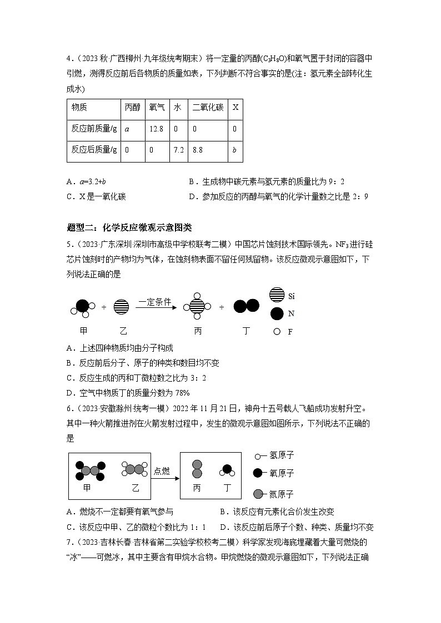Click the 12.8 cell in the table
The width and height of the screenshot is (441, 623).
(x=156, y=129)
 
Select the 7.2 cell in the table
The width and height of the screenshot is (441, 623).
(x=177, y=150)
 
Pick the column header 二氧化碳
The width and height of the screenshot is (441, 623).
(x=207, y=108)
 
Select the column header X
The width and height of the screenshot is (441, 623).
(x=235, y=108)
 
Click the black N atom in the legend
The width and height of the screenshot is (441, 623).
(x=276, y=313)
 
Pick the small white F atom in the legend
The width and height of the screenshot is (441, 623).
(x=276, y=331)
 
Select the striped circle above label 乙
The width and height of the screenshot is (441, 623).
(x=121, y=306)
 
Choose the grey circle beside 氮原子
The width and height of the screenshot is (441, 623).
(x=258, y=494)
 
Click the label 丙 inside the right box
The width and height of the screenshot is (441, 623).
(x=197, y=489)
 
